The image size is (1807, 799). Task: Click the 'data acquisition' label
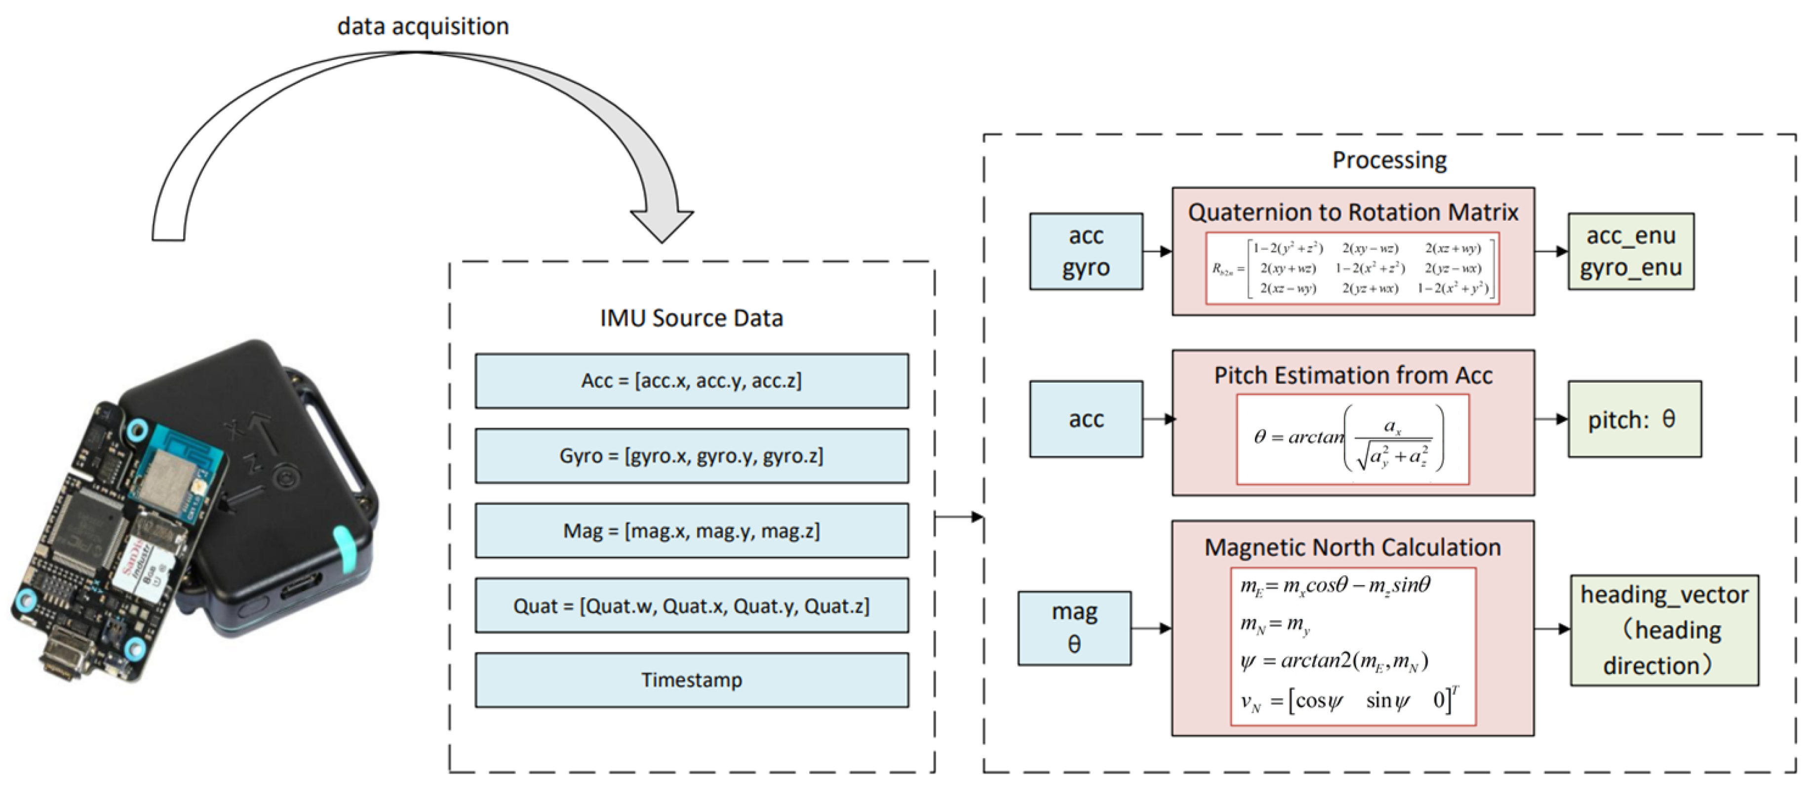point(423,26)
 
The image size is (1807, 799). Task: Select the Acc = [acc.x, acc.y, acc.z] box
point(692,381)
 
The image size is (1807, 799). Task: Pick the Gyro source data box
point(692,456)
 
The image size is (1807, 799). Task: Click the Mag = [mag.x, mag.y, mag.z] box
point(692,530)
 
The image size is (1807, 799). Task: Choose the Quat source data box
point(692,605)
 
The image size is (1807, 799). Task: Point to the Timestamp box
point(692,680)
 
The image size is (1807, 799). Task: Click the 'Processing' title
point(1389,160)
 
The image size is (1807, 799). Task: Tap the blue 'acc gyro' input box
point(1086,251)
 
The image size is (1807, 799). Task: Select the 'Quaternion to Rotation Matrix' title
point(1353,212)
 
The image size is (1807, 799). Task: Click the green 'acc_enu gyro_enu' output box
point(1631,251)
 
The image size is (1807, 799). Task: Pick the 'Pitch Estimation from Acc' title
point(1353,375)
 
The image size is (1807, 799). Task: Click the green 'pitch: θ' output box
point(1634,419)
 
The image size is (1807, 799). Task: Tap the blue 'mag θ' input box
point(1074,628)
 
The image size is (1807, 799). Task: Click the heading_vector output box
point(1664,630)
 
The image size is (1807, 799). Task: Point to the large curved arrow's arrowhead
point(662,223)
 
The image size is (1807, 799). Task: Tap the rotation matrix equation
point(1352,268)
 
